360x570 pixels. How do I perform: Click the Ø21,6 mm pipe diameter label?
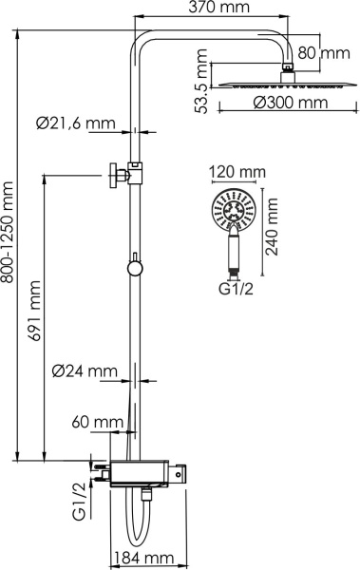pyautogui.click(x=77, y=123)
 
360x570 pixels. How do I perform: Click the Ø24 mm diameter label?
pyautogui.click(x=85, y=370)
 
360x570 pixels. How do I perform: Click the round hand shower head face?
pyautogui.click(x=232, y=211)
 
